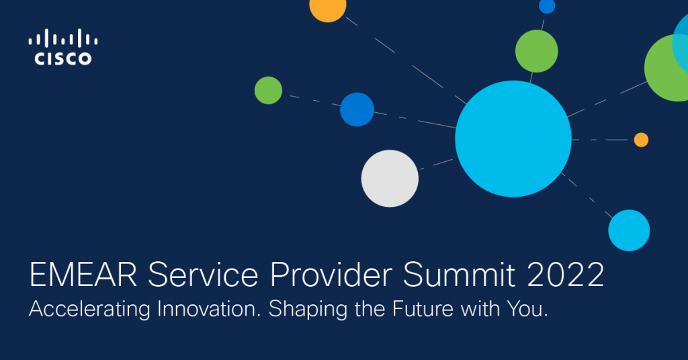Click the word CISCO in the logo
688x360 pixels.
(x=62, y=59)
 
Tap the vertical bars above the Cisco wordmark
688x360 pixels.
(x=62, y=38)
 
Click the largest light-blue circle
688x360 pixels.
(x=513, y=138)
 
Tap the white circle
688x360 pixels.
(x=390, y=178)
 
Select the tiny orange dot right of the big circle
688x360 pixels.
(x=641, y=140)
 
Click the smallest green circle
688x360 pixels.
(x=268, y=90)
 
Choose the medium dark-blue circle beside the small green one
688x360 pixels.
(x=357, y=109)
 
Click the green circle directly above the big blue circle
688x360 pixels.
(x=536, y=51)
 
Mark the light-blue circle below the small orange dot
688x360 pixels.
(x=629, y=230)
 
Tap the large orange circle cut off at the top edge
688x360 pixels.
(x=328, y=8)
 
